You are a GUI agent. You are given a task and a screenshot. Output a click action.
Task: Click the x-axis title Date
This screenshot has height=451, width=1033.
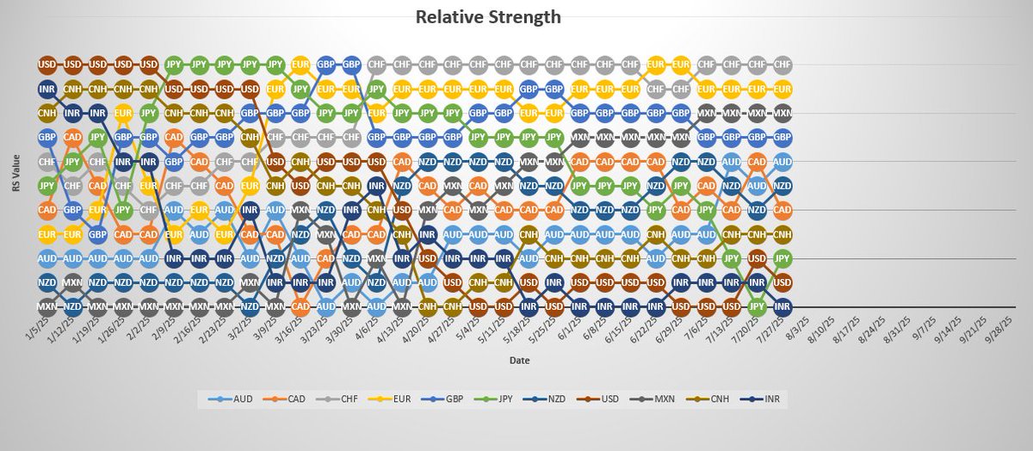(x=518, y=361)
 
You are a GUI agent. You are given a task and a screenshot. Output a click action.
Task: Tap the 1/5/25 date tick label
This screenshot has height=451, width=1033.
(x=37, y=328)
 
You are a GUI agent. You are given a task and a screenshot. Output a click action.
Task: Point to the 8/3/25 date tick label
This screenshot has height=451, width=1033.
(x=798, y=328)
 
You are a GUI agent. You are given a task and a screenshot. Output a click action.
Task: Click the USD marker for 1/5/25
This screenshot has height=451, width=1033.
(x=47, y=65)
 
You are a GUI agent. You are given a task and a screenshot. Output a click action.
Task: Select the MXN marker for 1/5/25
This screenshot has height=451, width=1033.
(x=47, y=306)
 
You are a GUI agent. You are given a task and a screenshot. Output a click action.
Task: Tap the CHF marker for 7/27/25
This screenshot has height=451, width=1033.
(x=782, y=65)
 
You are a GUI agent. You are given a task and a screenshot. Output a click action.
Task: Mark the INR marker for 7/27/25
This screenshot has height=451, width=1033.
(x=782, y=306)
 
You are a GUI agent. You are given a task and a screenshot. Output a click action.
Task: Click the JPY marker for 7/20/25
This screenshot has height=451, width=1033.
(x=758, y=306)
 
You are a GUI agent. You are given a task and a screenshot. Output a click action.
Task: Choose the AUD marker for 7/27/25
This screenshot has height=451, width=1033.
(x=782, y=161)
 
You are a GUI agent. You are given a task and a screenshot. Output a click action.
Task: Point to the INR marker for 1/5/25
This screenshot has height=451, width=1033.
(x=47, y=89)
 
